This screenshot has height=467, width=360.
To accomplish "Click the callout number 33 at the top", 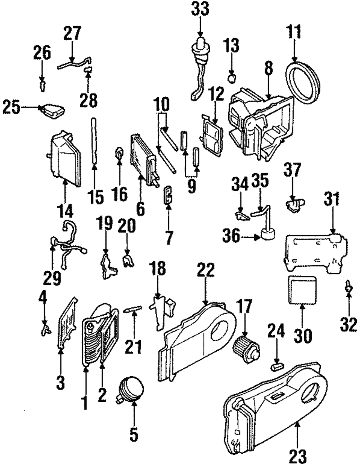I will click(200, 9).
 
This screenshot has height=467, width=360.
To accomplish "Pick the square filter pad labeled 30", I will click(302, 290).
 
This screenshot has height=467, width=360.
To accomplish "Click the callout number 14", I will click(66, 210).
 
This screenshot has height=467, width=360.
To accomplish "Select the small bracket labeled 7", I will click(168, 195).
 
